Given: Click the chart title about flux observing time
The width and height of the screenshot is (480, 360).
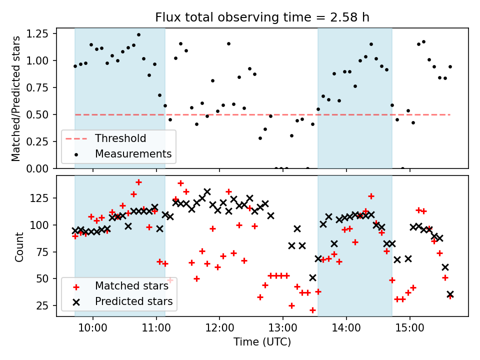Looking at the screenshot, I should [262, 18].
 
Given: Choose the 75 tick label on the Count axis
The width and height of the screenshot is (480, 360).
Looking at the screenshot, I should [46, 252].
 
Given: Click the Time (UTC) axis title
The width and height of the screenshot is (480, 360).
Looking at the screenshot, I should [262, 342].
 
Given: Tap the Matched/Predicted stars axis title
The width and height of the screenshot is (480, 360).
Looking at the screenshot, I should [16, 98].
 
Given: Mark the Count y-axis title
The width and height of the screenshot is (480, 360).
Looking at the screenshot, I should [19, 246].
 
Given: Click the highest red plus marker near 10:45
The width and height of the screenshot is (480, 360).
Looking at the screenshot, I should [138, 182].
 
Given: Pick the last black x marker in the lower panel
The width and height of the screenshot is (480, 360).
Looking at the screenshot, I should [450, 294].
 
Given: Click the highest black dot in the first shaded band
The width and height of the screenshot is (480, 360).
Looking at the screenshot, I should [138, 35].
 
